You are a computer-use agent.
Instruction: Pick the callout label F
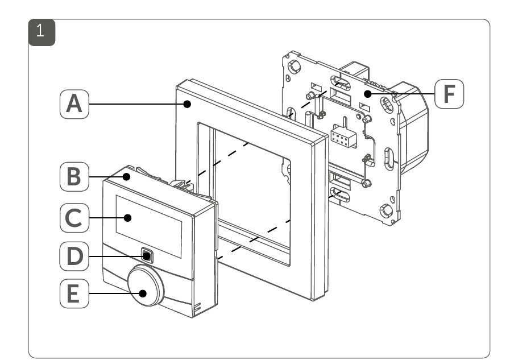(x=449, y=94)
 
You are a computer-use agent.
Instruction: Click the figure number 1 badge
(x=40, y=31)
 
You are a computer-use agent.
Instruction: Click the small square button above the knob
(x=147, y=255)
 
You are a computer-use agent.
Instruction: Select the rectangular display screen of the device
(x=149, y=218)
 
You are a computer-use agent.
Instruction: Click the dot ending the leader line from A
(x=186, y=104)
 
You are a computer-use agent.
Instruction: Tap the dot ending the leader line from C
(x=129, y=217)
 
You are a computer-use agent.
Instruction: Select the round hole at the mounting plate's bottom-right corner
(x=387, y=210)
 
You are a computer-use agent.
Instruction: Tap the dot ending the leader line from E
(x=143, y=294)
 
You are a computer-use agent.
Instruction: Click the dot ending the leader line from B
(x=128, y=177)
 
